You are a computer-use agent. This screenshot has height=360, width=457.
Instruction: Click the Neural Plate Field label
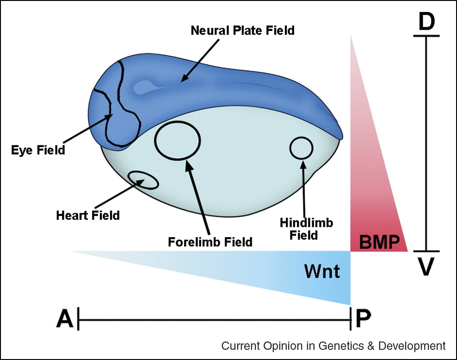point(242,31)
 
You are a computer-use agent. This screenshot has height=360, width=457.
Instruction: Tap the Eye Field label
point(38,150)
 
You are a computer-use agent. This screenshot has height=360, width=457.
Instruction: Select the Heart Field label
point(88,215)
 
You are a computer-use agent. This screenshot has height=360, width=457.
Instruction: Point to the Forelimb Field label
point(210,242)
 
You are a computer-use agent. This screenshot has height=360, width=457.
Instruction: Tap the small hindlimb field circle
point(301,148)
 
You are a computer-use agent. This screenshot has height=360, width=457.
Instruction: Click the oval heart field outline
point(143,180)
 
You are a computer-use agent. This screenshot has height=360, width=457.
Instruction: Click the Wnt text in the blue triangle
point(322,271)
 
